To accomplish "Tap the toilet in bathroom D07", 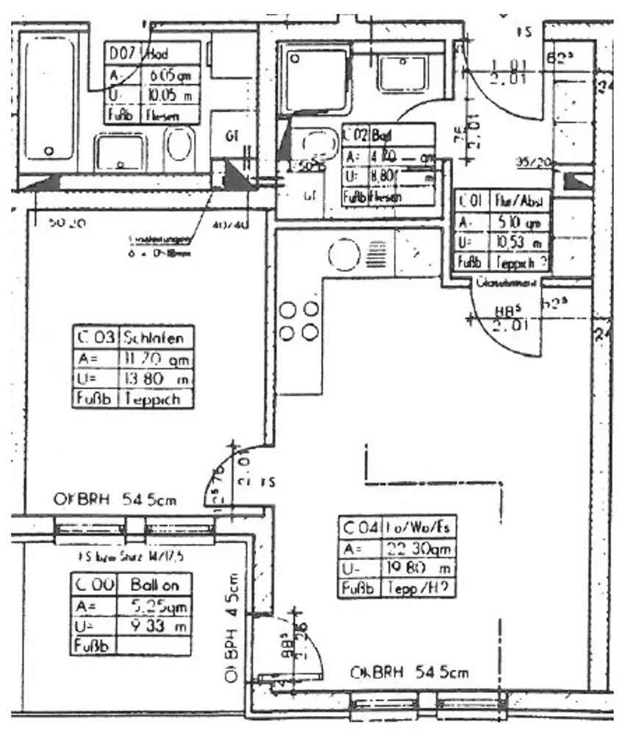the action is (x=179, y=144).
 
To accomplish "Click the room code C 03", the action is (x=96, y=338).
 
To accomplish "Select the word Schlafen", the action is (x=157, y=338).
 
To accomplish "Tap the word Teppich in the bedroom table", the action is (x=157, y=398).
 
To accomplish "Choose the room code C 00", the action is (x=93, y=585).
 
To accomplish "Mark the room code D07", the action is (x=123, y=54).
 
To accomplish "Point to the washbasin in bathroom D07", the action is (x=121, y=153).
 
